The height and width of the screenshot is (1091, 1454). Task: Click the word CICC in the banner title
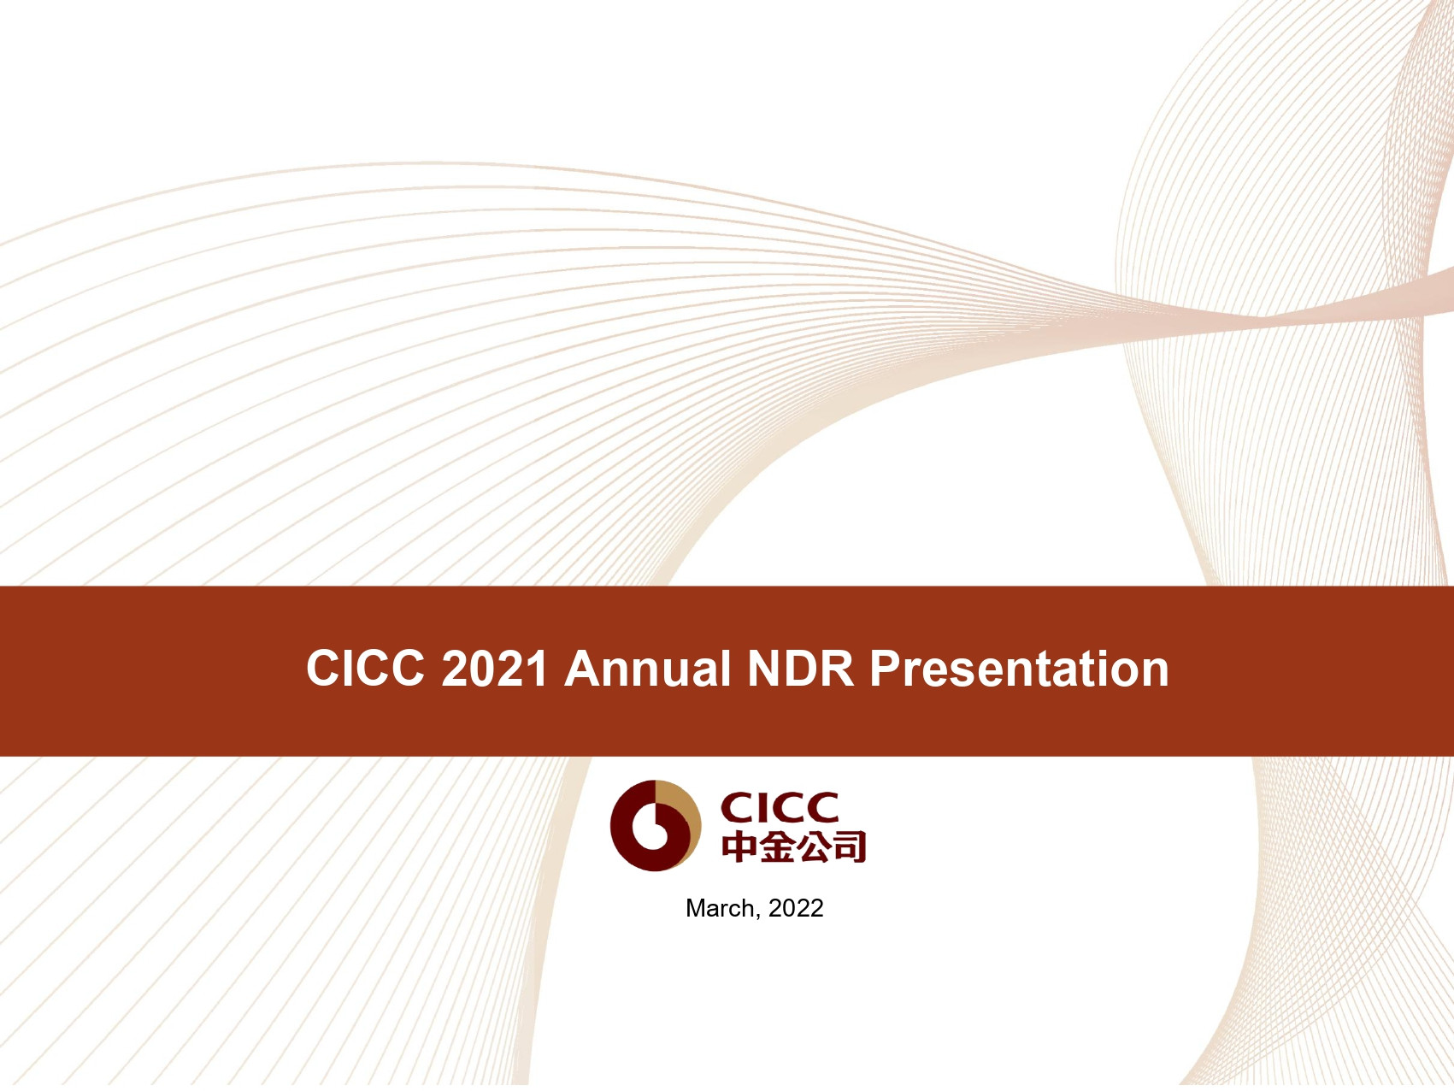click(365, 668)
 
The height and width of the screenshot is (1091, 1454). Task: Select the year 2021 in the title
click(494, 668)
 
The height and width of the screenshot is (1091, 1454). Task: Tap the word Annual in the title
click(648, 668)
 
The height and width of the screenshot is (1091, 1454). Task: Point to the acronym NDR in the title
click(801, 668)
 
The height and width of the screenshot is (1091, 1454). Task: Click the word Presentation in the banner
click(1019, 668)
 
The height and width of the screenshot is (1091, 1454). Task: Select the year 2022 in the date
click(796, 908)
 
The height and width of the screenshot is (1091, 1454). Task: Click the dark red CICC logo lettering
click(780, 807)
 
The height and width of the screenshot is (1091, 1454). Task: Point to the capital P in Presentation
click(886, 668)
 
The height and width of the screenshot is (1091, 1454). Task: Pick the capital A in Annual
click(582, 668)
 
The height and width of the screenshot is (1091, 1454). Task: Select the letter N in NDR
click(765, 668)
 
